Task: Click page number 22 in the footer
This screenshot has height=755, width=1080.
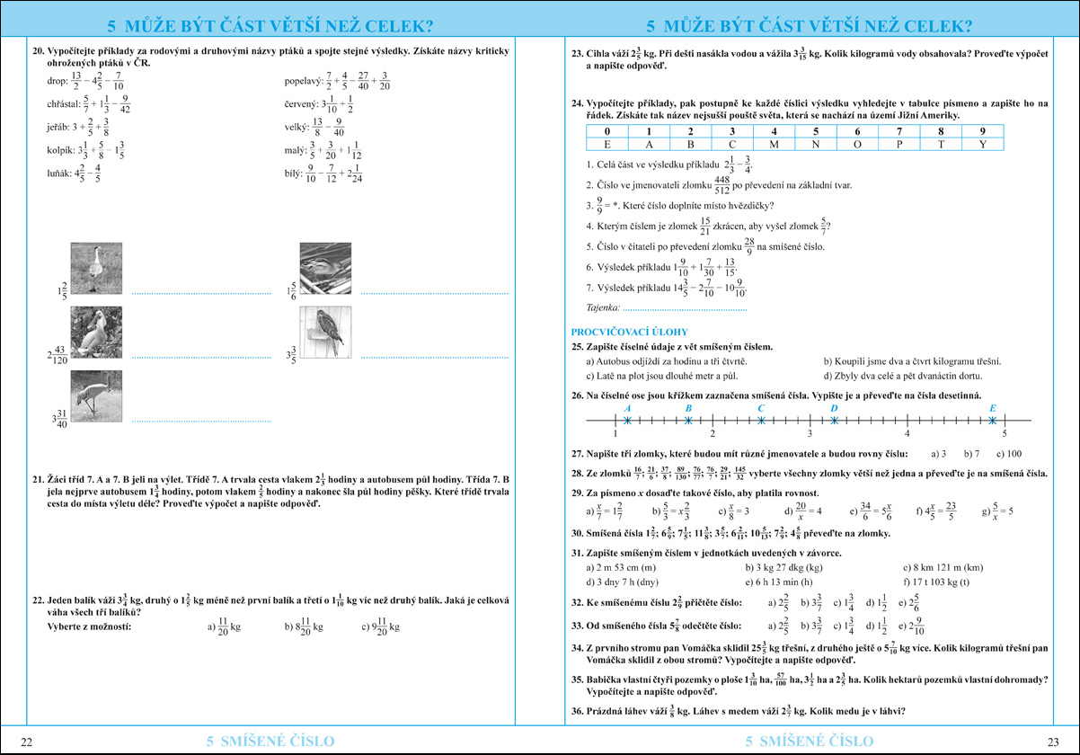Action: (27, 742)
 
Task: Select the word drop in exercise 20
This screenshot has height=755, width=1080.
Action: (57, 82)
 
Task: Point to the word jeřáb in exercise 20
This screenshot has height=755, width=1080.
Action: (58, 129)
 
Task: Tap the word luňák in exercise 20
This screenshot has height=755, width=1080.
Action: (59, 174)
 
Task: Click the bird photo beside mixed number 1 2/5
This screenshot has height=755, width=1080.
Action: (95, 268)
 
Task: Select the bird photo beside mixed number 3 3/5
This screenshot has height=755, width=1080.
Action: (324, 334)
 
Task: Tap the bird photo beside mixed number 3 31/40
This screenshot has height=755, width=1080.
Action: (95, 397)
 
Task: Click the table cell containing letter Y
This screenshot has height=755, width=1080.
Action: (982, 144)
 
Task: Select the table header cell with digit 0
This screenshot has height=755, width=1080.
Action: (607, 131)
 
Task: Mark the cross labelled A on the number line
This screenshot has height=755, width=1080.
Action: (627, 420)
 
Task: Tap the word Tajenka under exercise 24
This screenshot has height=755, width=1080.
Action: (601, 308)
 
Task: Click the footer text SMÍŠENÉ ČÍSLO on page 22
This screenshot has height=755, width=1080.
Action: (270, 742)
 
